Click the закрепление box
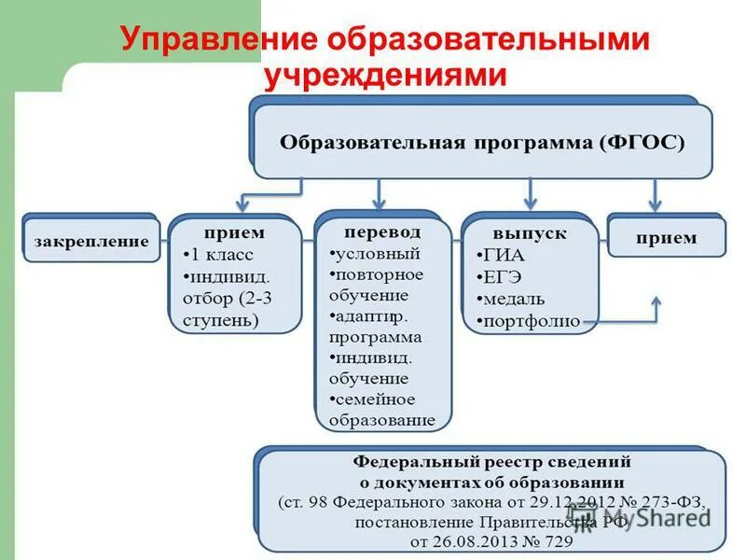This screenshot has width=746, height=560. click(91, 240)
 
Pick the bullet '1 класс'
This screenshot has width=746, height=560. click(220, 254)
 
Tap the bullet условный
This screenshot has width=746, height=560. click(376, 253)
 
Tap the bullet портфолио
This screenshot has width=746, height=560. click(529, 322)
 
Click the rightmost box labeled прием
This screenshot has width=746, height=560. click(666, 238)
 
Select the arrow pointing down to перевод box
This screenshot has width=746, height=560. click(379, 194)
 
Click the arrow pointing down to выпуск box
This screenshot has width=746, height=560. click(530, 194)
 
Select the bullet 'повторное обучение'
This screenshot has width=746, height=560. click(377, 285)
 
